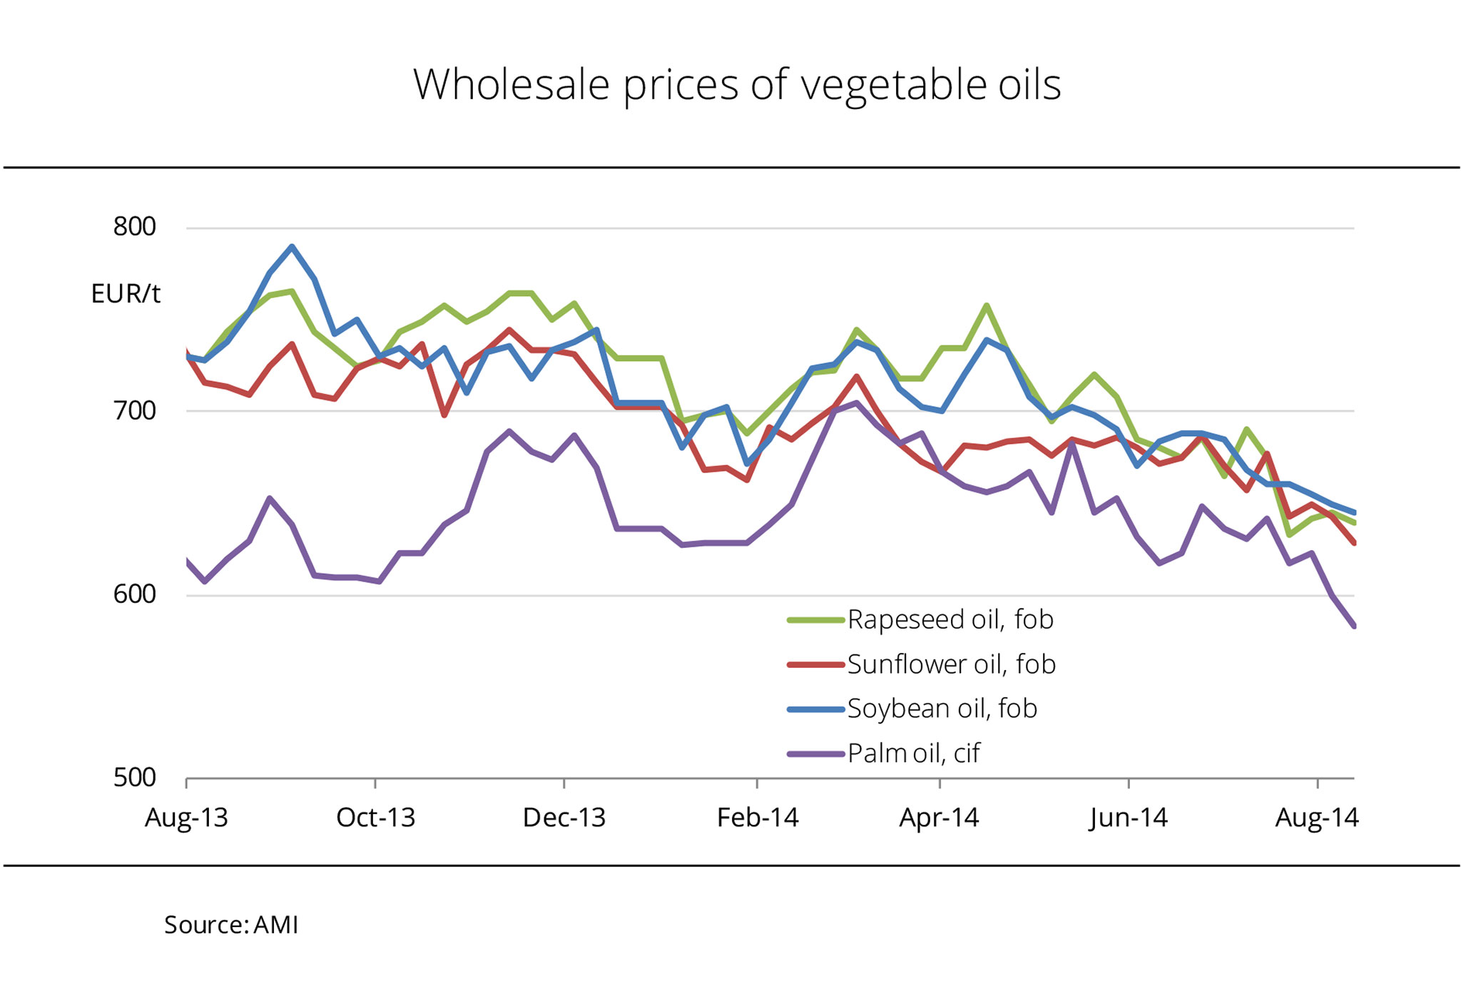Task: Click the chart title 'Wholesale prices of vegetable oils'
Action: pyautogui.click(x=737, y=85)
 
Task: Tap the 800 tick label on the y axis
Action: pyautogui.click(x=134, y=227)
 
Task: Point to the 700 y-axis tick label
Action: pyautogui.click(x=134, y=411)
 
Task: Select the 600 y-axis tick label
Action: pyautogui.click(x=134, y=594)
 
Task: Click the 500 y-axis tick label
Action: pyautogui.click(x=134, y=778)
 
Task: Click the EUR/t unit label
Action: pyautogui.click(x=126, y=294)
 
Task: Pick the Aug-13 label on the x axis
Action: pyautogui.click(x=186, y=818)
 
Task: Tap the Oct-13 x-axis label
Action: pyautogui.click(x=375, y=818)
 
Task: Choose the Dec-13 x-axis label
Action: pyautogui.click(x=564, y=818)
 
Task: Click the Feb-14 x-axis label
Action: pyautogui.click(x=757, y=818)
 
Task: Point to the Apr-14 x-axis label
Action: pyautogui.click(x=939, y=818)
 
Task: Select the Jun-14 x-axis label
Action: pyautogui.click(x=1129, y=818)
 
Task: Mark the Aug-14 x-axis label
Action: pyautogui.click(x=1317, y=818)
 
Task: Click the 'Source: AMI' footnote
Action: pyautogui.click(x=231, y=926)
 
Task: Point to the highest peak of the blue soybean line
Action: pyautogui.click(x=292, y=247)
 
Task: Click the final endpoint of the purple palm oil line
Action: pyautogui.click(x=1353, y=627)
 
